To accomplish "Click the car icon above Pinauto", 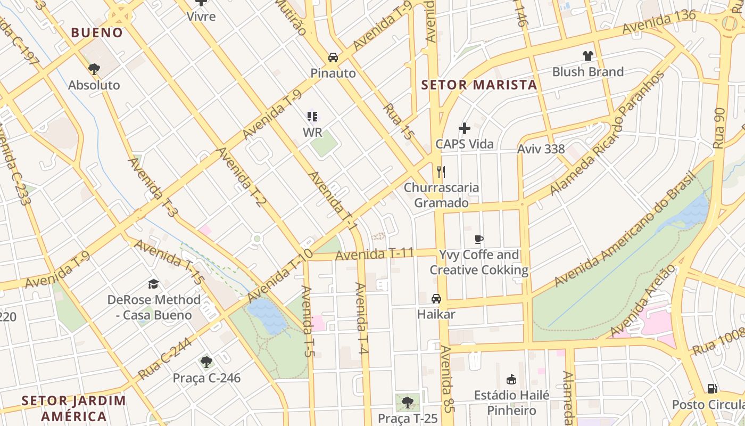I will [333, 58].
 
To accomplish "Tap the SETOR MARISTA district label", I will [479, 85].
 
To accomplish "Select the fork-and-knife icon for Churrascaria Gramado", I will [441, 171].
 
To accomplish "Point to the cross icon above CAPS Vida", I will [465, 128].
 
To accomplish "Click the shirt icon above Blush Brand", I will [587, 55].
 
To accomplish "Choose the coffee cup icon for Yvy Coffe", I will [479, 239].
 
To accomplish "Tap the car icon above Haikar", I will [436, 298].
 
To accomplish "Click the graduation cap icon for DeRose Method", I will [154, 284].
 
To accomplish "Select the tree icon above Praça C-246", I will [206, 363].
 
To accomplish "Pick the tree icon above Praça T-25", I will [408, 402].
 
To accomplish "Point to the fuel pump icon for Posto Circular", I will [712, 389].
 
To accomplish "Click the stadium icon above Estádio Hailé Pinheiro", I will [512, 379].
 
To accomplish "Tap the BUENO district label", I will [97, 32].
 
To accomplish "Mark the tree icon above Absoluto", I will [94, 69].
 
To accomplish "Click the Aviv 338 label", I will [541, 149].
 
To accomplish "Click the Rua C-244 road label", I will [165, 360].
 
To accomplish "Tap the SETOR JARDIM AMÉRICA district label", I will [74, 408].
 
